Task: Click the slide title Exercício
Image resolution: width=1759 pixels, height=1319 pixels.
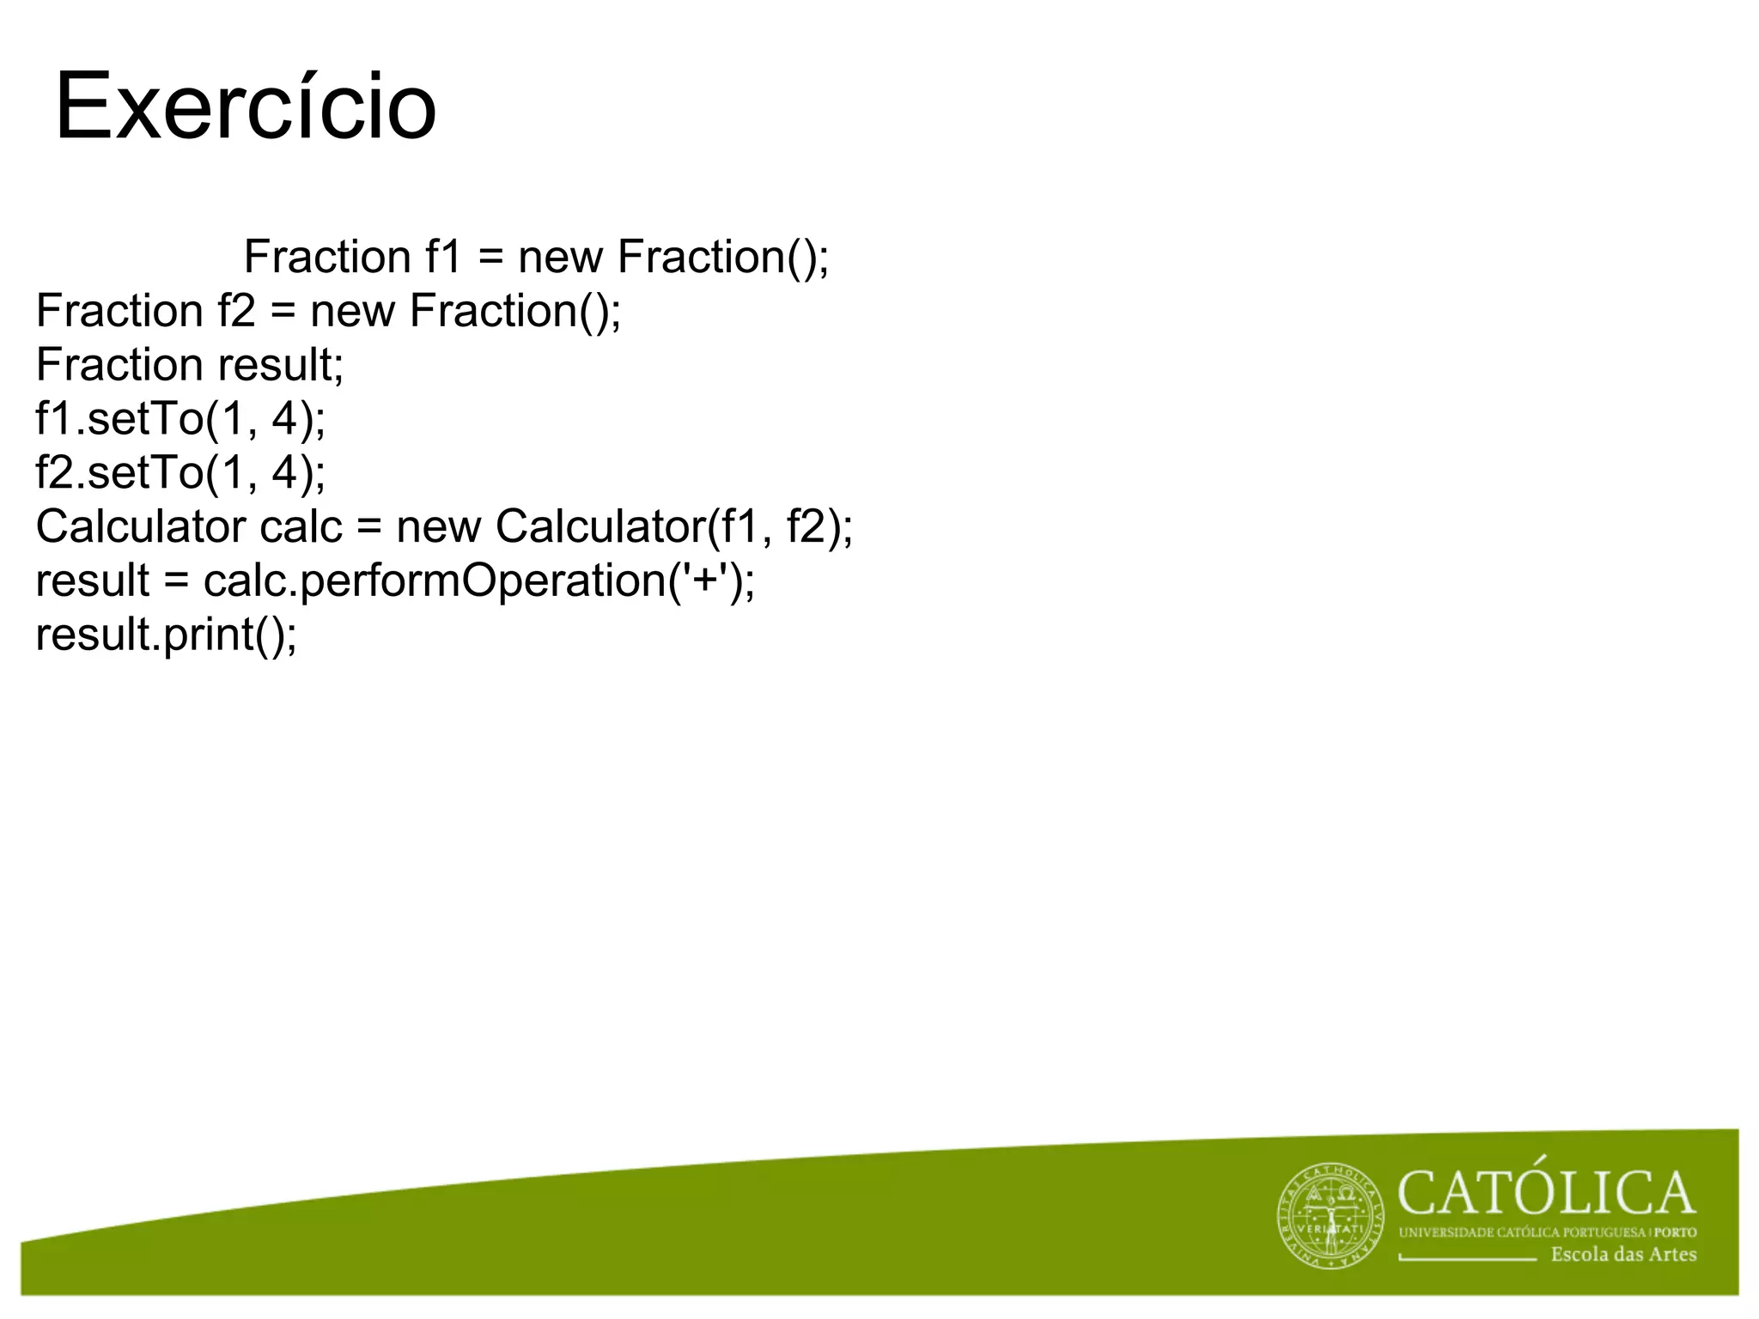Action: coord(246,108)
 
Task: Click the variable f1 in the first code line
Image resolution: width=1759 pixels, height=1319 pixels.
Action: coord(443,257)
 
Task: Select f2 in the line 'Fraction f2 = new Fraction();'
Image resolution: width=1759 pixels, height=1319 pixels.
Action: coord(236,311)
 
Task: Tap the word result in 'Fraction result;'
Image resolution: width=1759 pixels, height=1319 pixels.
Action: coord(279,365)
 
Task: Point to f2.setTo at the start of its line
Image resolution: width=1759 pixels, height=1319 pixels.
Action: coord(120,472)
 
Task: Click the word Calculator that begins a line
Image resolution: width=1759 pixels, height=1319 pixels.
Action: coord(140,526)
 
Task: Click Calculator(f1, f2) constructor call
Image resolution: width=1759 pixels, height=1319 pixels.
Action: coord(673,526)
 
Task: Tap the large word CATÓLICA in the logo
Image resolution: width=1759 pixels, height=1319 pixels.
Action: coord(1546,1193)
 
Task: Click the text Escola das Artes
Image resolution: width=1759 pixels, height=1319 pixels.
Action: coord(1623,1255)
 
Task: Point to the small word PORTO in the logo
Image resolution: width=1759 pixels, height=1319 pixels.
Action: coord(1676,1232)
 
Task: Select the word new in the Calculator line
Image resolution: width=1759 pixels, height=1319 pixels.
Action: coord(438,526)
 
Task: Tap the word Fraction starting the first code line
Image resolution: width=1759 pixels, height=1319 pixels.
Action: coord(327,257)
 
